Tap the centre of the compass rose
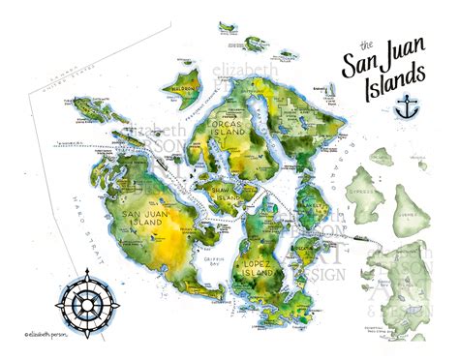[x=88, y=298]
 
